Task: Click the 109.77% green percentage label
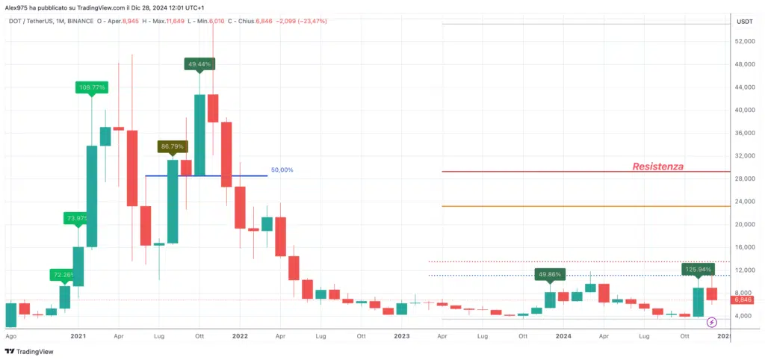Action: [x=92, y=87]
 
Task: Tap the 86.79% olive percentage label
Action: [x=172, y=146]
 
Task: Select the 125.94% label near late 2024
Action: [x=698, y=269]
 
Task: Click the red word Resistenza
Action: [x=657, y=166]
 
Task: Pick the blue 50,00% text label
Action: [x=282, y=170]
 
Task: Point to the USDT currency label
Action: [x=744, y=22]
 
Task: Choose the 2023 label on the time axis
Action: [x=402, y=337]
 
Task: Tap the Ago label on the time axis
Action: [x=10, y=337]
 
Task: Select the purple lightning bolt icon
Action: [x=711, y=322]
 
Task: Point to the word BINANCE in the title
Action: [x=83, y=21]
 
